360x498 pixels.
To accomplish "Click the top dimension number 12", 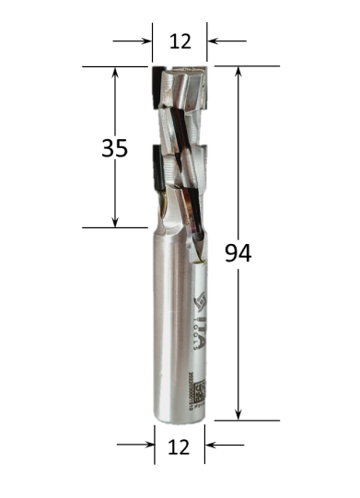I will click(180, 41).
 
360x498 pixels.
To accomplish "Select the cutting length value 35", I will click(114, 147).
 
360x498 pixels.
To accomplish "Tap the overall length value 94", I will click(238, 252).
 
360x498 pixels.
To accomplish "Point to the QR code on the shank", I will click(203, 388).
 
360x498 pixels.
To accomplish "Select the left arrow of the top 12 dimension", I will click(145, 41).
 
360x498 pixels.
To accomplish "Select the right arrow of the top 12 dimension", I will click(215, 41).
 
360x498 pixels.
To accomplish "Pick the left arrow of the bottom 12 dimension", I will click(147, 445).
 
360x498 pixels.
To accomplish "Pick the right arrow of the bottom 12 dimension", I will click(212, 445).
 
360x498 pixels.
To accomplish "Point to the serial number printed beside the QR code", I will click(192, 387).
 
